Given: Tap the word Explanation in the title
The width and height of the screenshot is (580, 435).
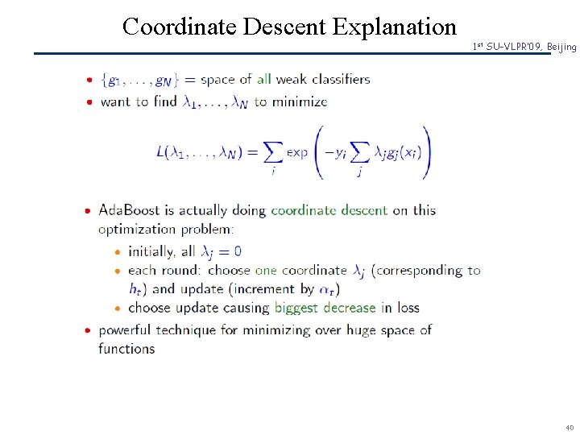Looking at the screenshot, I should (395, 27).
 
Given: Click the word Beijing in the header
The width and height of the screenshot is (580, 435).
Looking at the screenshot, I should (561, 48).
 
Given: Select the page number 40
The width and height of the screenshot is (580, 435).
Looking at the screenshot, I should (570, 427).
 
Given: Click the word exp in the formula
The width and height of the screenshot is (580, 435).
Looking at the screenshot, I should (297, 152).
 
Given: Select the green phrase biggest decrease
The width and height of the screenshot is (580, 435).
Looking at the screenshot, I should (325, 308).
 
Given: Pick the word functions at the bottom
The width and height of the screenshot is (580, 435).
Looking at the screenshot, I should (126, 349).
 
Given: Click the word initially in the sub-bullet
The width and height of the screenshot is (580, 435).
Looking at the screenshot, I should (151, 251).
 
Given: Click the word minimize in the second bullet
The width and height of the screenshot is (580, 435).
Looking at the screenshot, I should (300, 102).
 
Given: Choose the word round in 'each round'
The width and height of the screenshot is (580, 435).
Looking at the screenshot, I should (179, 271).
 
